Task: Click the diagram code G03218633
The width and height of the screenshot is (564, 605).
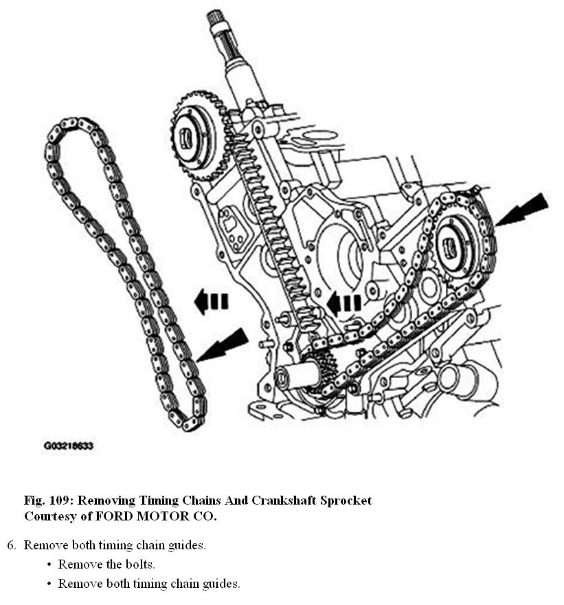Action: coord(68,446)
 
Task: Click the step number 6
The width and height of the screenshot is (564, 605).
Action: coord(11,546)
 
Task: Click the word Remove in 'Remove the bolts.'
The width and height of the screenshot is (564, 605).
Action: coord(77,565)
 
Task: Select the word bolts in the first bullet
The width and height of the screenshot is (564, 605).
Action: coord(137,565)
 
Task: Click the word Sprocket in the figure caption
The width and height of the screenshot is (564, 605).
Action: coord(346,500)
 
